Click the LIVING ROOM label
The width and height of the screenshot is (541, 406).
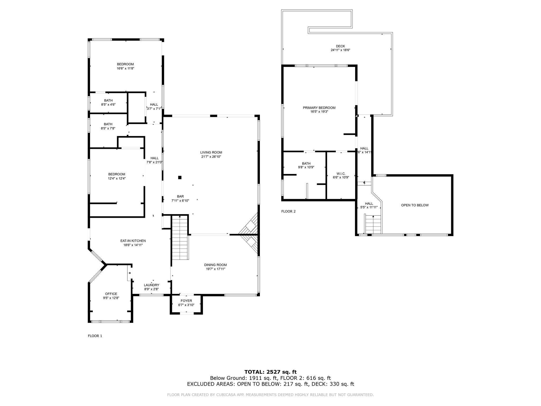[x=211, y=153]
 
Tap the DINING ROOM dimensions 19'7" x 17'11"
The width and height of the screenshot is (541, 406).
[x=215, y=269]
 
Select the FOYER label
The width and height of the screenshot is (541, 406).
[x=186, y=301]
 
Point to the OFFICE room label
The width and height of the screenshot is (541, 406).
[x=111, y=294]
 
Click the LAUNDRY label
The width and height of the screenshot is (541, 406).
[x=152, y=285]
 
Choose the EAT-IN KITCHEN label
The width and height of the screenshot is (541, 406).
[x=133, y=241]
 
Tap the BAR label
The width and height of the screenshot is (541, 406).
[x=180, y=196]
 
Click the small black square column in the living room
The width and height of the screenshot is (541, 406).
[x=180, y=177]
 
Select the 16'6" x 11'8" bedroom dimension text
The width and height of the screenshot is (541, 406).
[x=125, y=68]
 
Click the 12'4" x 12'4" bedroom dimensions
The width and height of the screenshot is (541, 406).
[x=117, y=178]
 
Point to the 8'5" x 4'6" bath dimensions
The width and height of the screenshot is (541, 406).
[x=108, y=105]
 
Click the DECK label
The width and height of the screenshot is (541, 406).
[x=341, y=46]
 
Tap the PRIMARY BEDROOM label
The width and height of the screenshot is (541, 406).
[x=319, y=108]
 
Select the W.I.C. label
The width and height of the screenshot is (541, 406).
[x=341, y=174]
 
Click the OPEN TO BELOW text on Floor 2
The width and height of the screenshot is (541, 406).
[x=415, y=205]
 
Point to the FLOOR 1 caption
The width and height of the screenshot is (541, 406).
[x=95, y=336]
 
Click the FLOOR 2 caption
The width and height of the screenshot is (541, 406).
[x=288, y=211]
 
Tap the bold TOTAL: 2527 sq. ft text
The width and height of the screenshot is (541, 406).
[x=270, y=372]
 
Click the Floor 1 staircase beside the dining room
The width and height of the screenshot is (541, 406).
[x=180, y=237]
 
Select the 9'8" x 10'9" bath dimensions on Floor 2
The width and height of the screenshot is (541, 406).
[x=306, y=167]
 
